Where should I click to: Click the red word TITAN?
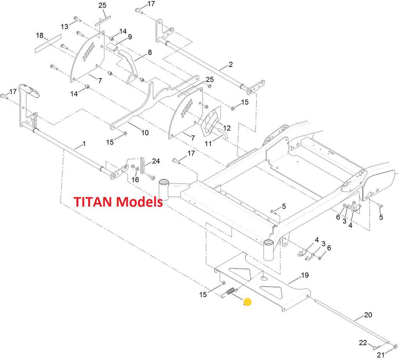pyautogui.click(x=95, y=202)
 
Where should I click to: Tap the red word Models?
pyautogui.click(x=141, y=202)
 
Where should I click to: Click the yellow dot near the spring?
pyautogui.click(x=247, y=302)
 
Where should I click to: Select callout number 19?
pyautogui.click(x=305, y=275)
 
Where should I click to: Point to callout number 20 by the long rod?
pyautogui.click(x=368, y=314)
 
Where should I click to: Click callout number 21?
pyautogui.click(x=380, y=355)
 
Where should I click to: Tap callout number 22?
pyautogui.click(x=363, y=342)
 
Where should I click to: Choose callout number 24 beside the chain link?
pyautogui.click(x=156, y=161)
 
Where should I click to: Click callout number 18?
pyautogui.click(x=40, y=35)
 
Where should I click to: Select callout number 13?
pyautogui.click(x=64, y=26)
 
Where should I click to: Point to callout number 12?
pyautogui.click(x=227, y=128)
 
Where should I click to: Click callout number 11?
pyautogui.click(x=208, y=144)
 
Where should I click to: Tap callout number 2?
pyautogui.click(x=231, y=64)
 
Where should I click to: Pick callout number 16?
pyautogui.click(x=135, y=179)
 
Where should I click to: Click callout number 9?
pyautogui.click(x=129, y=37)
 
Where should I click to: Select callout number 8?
pyautogui.click(x=150, y=52)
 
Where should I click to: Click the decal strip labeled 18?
pyautogui.click(x=48, y=43)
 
